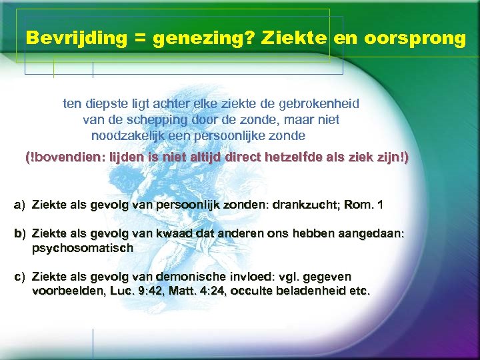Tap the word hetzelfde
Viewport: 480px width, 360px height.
click(x=289, y=159)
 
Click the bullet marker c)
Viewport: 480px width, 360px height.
click(x=19, y=277)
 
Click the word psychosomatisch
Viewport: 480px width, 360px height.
click(x=83, y=248)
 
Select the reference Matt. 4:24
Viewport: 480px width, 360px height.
click(x=197, y=291)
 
